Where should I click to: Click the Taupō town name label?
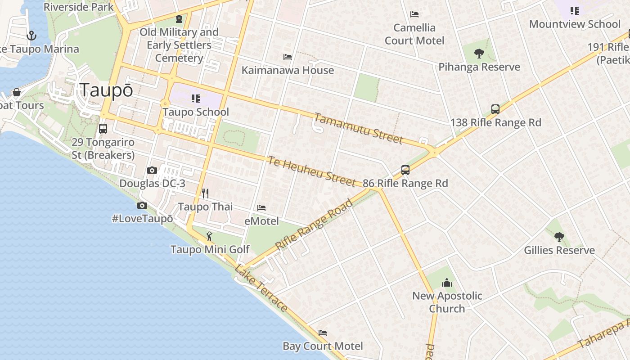click(x=106, y=90)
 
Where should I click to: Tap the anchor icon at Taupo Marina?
click(x=31, y=35)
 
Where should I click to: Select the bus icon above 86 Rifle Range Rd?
click(x=405, y=170)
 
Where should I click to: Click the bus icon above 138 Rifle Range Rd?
click(x=495, y=109)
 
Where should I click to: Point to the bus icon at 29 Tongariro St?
click(x=103, y=129)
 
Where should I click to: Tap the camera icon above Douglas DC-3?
click(x=152, y=170)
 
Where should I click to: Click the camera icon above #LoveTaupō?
click(x=142, y=205)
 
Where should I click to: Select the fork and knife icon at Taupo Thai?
click(x=205, y=193)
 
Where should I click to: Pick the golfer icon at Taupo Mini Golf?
click(x=209, y=236)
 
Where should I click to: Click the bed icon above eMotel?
click(x=261, y=208)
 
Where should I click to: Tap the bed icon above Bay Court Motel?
click(x=323, y=333)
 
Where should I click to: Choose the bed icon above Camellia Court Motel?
click(x=414, y=14)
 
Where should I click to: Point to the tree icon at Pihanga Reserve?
click(x=479, y=54)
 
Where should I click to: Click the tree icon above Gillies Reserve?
click(x=559, y=237)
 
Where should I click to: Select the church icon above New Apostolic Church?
click(x=447, y=283)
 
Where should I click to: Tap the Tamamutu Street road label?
click(x=358, y=128)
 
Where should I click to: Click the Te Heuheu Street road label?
click(x=312, y=171)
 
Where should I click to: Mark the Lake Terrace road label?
click(x=261, y=288)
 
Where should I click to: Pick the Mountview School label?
click(x=575, y=24)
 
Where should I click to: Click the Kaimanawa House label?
click(x=288, y=70)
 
